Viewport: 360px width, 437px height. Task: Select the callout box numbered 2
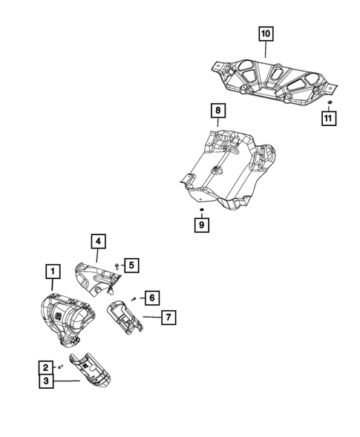tap(45, 367)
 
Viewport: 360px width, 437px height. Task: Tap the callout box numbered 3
tap(45, 381)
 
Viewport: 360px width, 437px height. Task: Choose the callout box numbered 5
tap(131, 263)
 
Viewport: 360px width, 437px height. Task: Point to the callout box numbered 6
tap(151, 298)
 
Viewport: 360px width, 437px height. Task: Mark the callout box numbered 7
tap(168, 318)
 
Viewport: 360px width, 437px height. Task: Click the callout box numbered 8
tap(217, 111)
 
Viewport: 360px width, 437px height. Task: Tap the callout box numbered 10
tap(265, 33)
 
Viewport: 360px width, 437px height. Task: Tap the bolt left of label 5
tap(117, 265)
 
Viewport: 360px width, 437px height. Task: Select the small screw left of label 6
tap(134, 298)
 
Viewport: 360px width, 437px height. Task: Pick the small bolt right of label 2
tap(59, 367)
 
